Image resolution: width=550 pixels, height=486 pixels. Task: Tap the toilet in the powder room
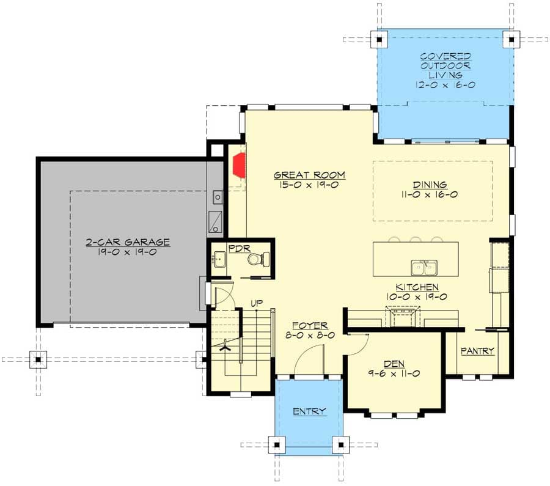click(255, 259)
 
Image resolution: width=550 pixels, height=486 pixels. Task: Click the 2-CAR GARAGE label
click(128, 242)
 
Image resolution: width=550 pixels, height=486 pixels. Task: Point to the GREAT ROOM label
click(309, 175)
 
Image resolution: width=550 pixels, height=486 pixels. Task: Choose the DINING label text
click(430, 185)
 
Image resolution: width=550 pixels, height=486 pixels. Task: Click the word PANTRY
click(477, 351)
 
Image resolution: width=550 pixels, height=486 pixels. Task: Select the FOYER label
click(309, 325)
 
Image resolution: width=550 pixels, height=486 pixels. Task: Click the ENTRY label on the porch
click(309, 411)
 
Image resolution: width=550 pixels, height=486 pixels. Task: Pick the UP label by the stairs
click(257, 303)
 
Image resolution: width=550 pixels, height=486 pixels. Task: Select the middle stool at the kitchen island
click(416, 240)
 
